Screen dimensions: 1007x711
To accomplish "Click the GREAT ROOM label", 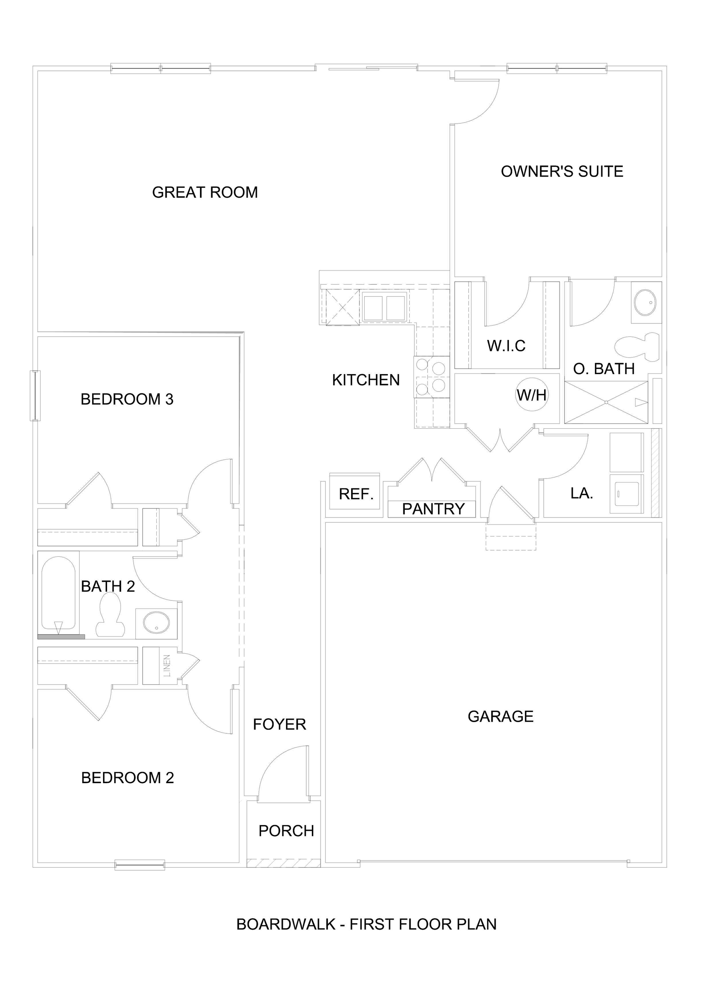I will (205, 192).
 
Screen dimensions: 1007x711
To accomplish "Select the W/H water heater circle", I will (532, 395).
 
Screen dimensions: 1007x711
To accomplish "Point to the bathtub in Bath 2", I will (58, 594).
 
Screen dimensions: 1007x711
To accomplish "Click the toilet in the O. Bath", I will (638, 346).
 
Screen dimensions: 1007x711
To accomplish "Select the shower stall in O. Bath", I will (606, 402).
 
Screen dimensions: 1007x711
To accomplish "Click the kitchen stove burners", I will (431, 377).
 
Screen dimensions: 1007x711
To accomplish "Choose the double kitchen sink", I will (384, 308).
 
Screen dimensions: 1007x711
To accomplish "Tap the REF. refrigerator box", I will (355, 491).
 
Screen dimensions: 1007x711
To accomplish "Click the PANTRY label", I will (433, 509).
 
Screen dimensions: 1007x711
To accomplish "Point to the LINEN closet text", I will (167, 666).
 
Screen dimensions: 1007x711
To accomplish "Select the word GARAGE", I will (500, 716).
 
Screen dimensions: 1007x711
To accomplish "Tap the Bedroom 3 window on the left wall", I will (35, 395).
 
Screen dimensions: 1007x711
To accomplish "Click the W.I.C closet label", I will (506, 346).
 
